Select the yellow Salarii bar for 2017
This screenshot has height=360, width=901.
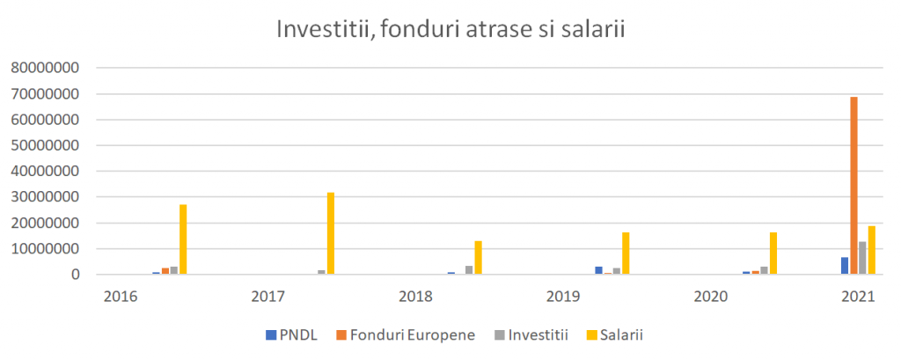tap(331, 233)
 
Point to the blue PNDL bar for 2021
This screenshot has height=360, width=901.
tap(845, 266)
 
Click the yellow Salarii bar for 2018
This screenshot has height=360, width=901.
tap(479, 257)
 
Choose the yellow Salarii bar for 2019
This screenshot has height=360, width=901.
tap(626, 253)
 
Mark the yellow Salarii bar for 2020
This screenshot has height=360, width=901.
tap(773, 253)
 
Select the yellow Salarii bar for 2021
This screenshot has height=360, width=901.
tap(872, 250)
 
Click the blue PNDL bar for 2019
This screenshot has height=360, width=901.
tap(598, 270)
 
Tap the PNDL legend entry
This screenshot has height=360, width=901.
tap(294, 334)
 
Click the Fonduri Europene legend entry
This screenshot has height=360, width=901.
tap(407, 334)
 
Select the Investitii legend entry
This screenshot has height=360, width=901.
tap(534, 334)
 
